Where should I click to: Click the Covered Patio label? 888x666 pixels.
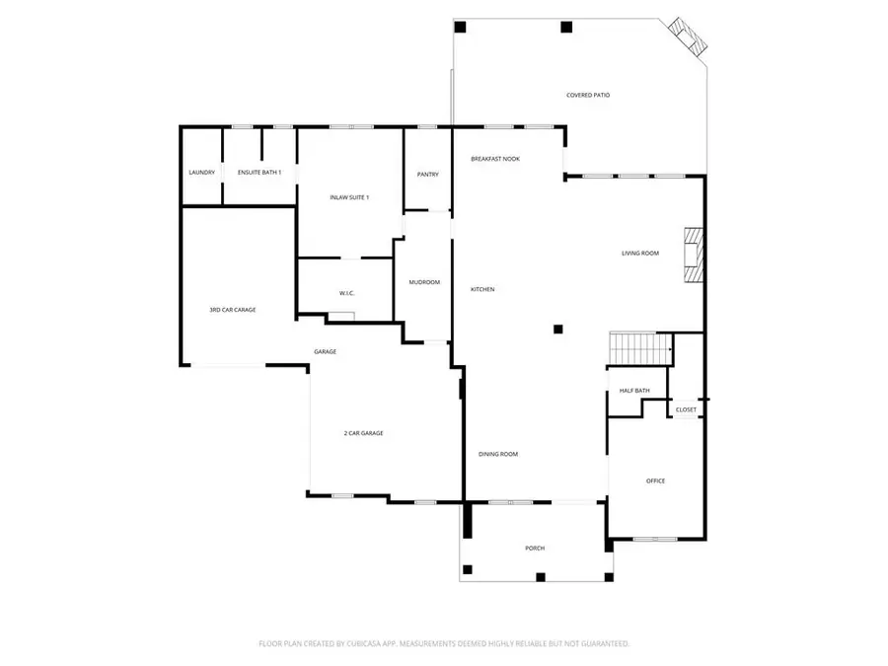pos(587,96)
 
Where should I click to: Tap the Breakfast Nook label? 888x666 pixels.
pos(495,159)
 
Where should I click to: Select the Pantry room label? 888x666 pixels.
pos(427,175)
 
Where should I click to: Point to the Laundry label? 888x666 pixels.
pos(201,173)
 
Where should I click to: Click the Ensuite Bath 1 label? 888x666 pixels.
pos(259,173)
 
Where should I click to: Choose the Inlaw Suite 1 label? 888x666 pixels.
pos(349,197)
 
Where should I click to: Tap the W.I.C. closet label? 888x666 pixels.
pos(346,293)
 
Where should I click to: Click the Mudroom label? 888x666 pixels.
pos(424,283)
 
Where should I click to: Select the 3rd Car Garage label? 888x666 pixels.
pos(233,310)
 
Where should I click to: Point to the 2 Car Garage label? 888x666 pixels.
pos(363,433)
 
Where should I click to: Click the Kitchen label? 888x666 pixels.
pos(482,289)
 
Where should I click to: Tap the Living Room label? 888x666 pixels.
pos(639,254)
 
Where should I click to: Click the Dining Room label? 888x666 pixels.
pos(498,454)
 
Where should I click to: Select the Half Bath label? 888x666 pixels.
pos(634,391)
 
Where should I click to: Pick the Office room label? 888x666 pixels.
pos(655,481)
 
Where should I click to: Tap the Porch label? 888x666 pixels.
pos(535,548)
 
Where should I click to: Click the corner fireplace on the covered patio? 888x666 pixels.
pos(687,37)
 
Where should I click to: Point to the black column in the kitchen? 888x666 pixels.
pos(557,330)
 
